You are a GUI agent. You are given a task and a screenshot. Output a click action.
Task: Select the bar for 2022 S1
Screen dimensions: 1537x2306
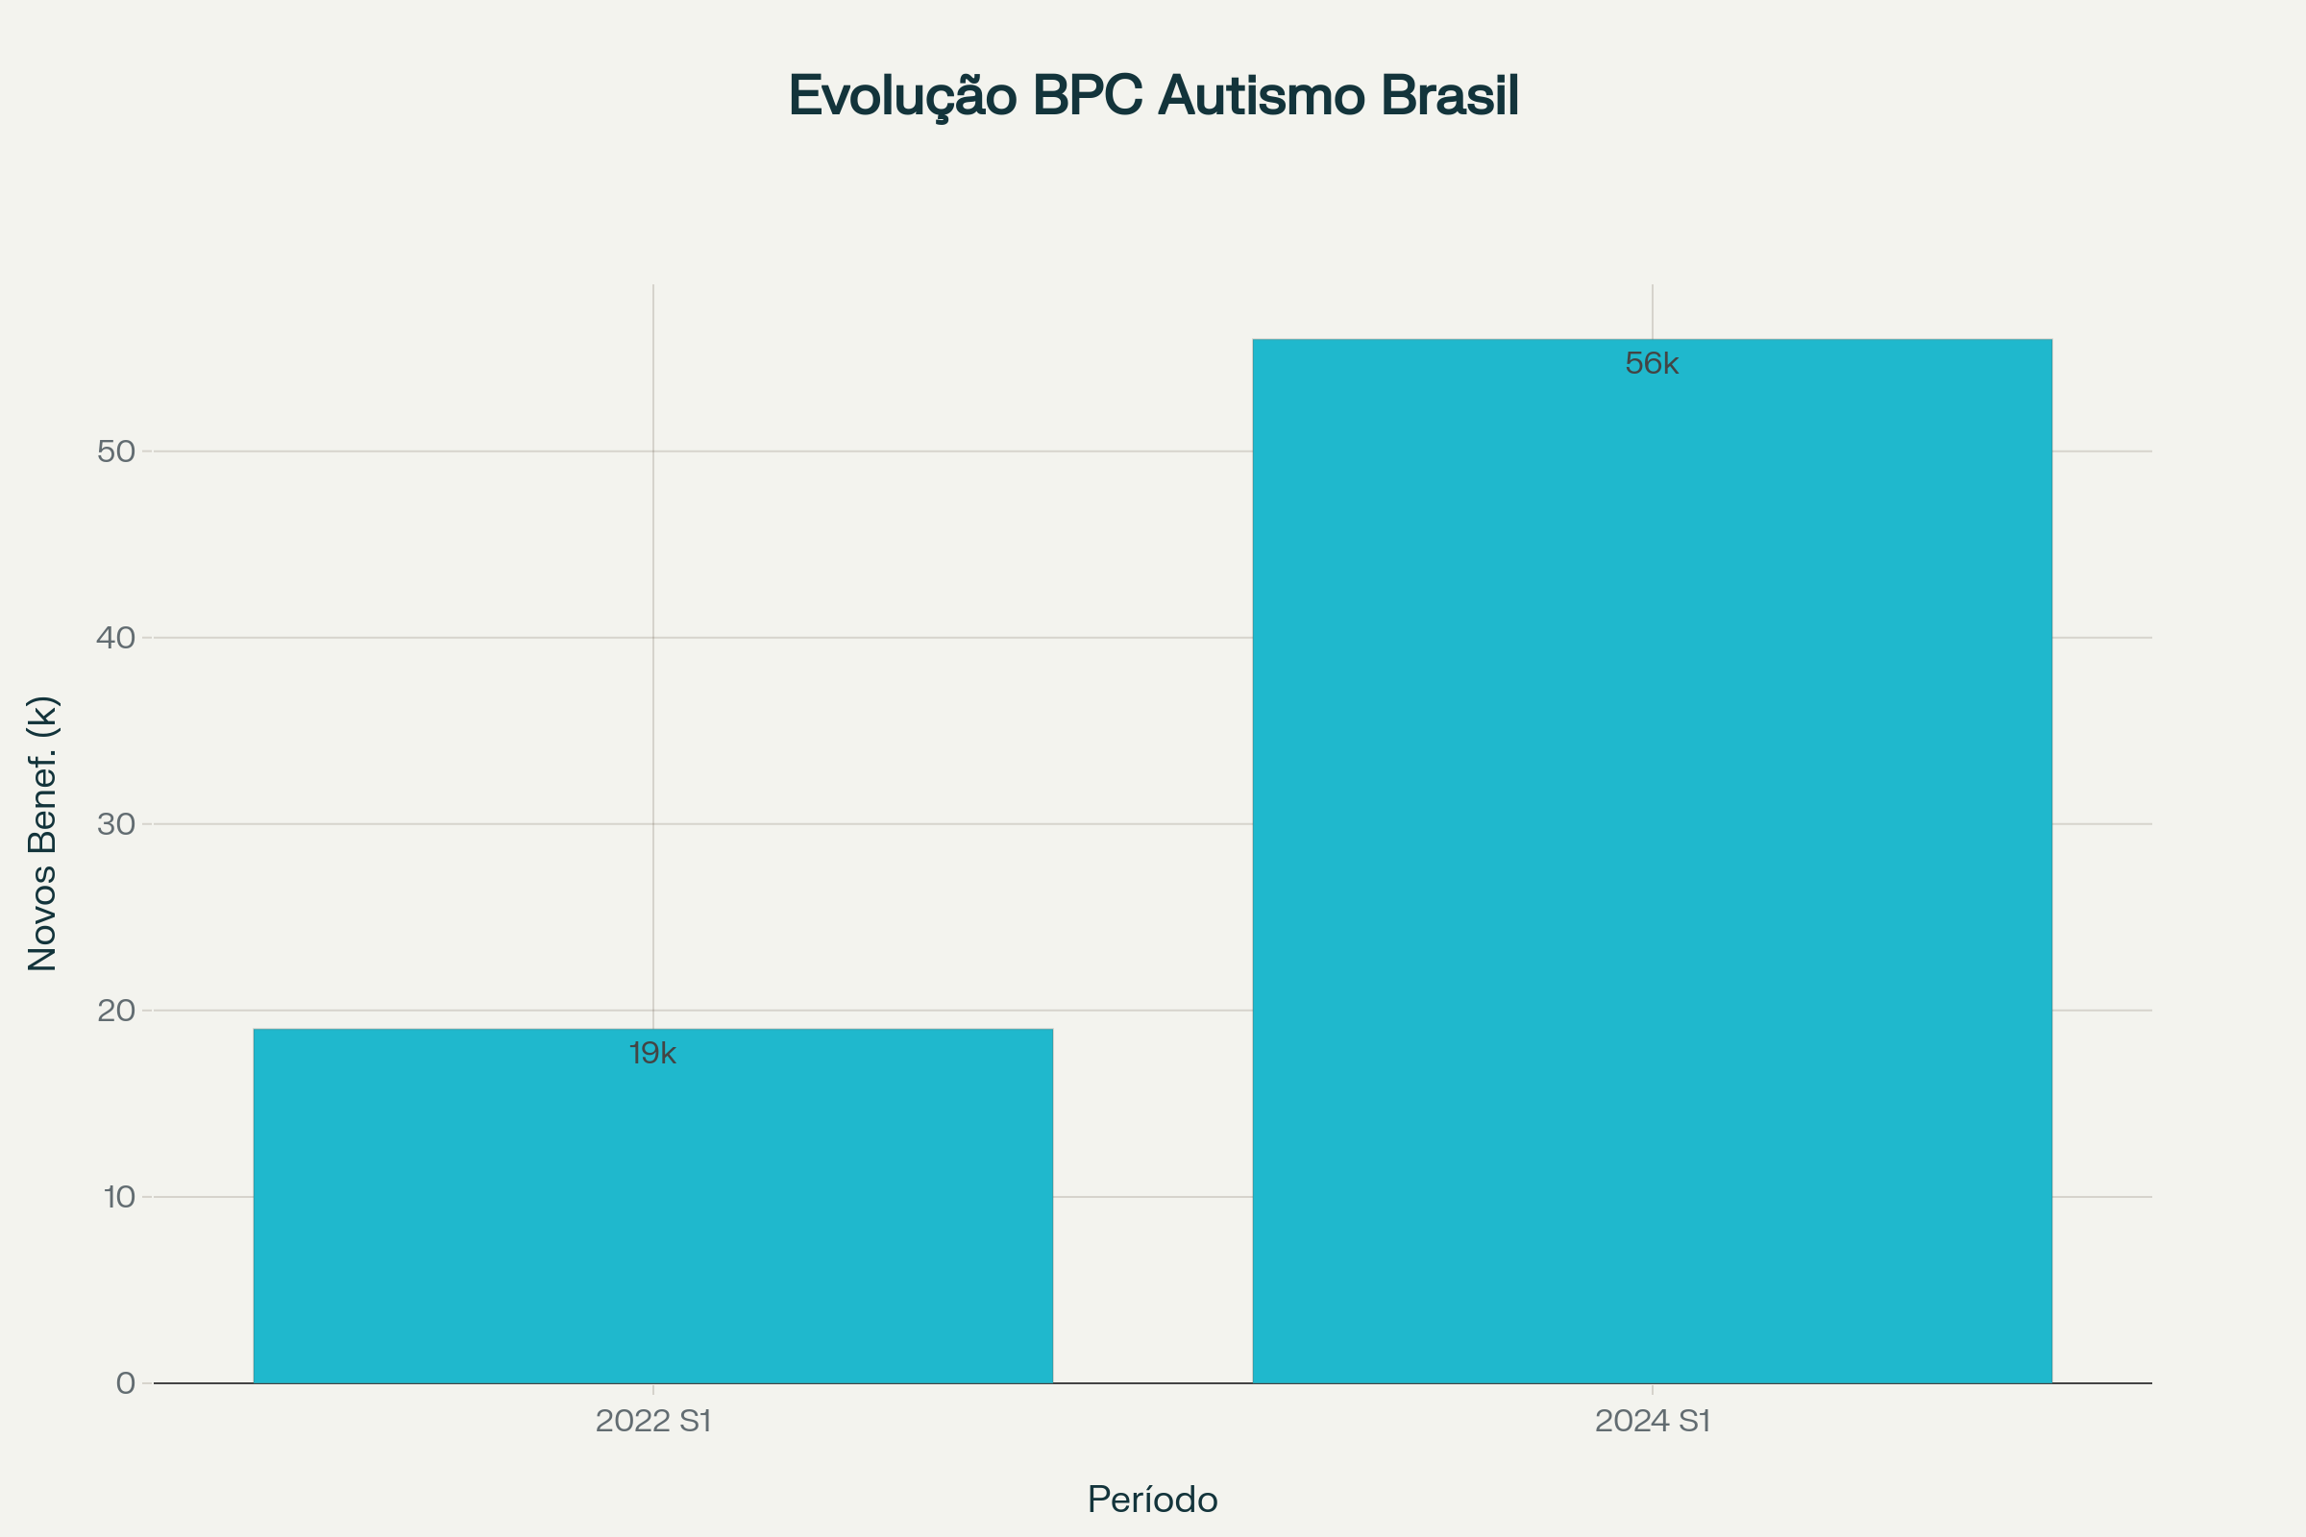pyautogui.click(x=653, y=1206)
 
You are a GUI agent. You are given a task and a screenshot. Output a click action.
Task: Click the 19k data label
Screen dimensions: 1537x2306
pyautogui.click(x=653, y=1054)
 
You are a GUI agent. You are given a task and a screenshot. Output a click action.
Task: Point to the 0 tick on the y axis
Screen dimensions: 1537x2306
pyautogui.click(x=126, y=1383)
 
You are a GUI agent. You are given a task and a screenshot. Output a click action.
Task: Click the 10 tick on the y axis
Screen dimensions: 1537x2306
pyautogui.click(x=119, y=1197)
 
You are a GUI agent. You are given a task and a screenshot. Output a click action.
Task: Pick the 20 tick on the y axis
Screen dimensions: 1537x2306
pyautogui.click(x=116, y=1011)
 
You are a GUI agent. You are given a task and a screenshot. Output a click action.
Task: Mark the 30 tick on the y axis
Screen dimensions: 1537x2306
pyautogui.click(x=116, y=824)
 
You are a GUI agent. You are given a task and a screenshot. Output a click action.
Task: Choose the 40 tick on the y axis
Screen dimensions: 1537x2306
pyautogui.click(x=116, y=638)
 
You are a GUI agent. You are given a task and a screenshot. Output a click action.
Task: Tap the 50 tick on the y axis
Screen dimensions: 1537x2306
pyautogui.click(x=116, y=451)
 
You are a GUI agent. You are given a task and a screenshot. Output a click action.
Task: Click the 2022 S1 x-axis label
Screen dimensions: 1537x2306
pyautogui.click(x=653, y=1421)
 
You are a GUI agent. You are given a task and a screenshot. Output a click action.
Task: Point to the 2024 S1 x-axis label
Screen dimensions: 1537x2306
pyautogui.click(x=1652, y=1421)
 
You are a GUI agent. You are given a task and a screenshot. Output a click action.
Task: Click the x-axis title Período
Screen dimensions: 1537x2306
pyautogui.click(x=1153, y=1500)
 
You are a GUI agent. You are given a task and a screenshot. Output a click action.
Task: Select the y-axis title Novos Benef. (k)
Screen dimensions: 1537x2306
pyautogui.click(x=43, y=833)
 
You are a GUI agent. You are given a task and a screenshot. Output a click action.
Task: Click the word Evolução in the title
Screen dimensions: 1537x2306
pyautogui.click(x=903, y=96)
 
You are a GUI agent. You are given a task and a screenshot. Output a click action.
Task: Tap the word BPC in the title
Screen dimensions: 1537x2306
pyautogui.click(x=1088, y=96)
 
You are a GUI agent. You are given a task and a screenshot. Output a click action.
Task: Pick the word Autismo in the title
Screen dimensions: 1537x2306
pyautogui.click(x=1262, y=96)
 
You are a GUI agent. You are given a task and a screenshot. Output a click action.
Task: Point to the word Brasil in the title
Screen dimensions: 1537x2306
pyautogui.click(x=1450, y=96)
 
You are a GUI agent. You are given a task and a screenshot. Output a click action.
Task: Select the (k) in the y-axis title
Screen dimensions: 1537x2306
pyautogui.click(x=43, y=718)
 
